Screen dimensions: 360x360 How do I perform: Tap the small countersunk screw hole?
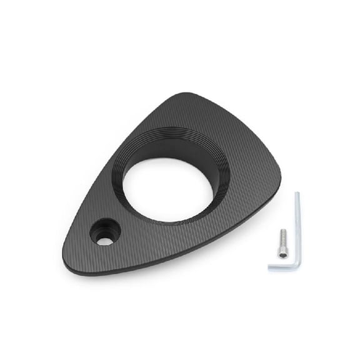pyautogui.click(x=105, y=232)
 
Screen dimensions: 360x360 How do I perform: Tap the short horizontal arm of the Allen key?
pyautogui.click(x=283, y=267)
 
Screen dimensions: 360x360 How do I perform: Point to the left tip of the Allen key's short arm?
pyautogui.click(x=270, y=268)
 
